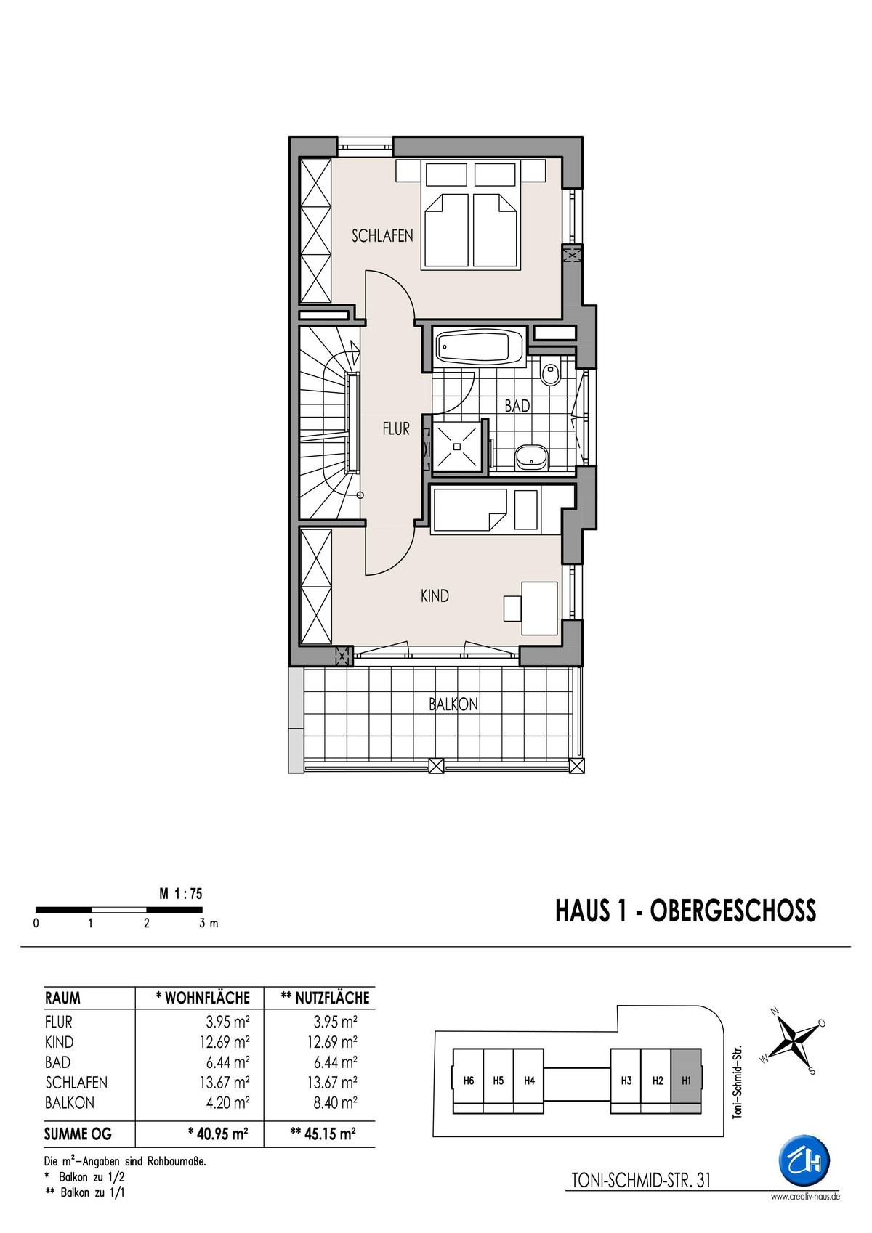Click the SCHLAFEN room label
coord(382,236)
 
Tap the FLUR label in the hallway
coord(396,429)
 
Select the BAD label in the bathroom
coord(517,406)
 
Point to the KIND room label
coord(435,596)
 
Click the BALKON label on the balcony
coord(453,704)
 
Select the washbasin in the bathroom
coord(532,457)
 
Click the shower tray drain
coord(457,447)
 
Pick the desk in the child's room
coord(540,609)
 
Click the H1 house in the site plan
coord(686,1081)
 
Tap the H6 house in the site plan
coord(468,1081)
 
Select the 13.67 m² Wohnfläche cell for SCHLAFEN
coord(225,1083)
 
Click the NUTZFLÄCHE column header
coord(325,998)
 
